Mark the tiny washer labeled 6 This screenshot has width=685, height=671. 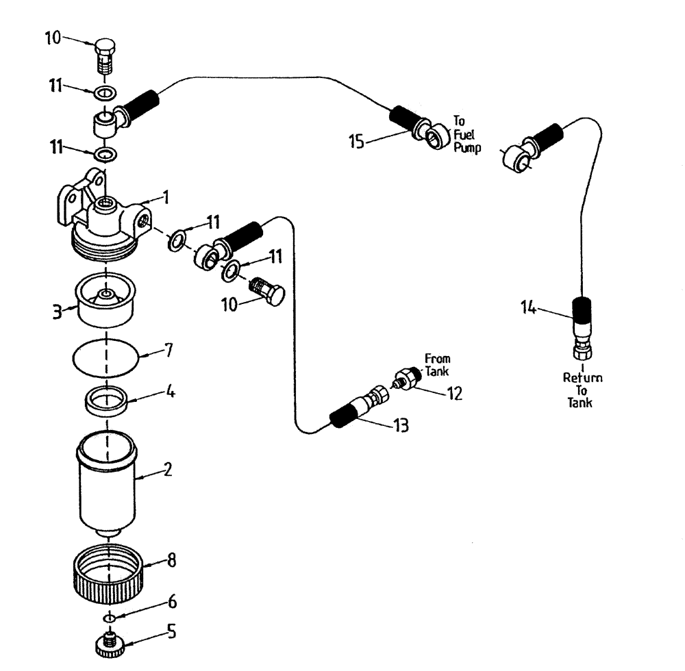[108, 618]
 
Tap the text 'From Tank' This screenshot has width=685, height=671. [437, 366]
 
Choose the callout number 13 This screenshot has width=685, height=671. [400, 426]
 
